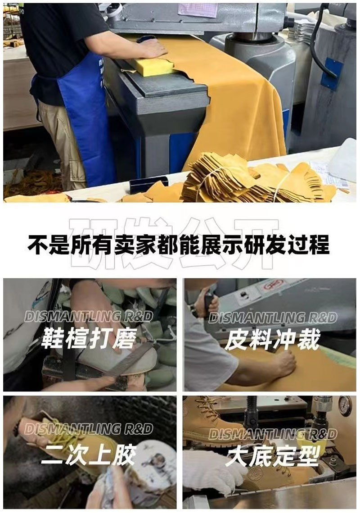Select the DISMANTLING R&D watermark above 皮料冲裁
coord(273,318)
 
